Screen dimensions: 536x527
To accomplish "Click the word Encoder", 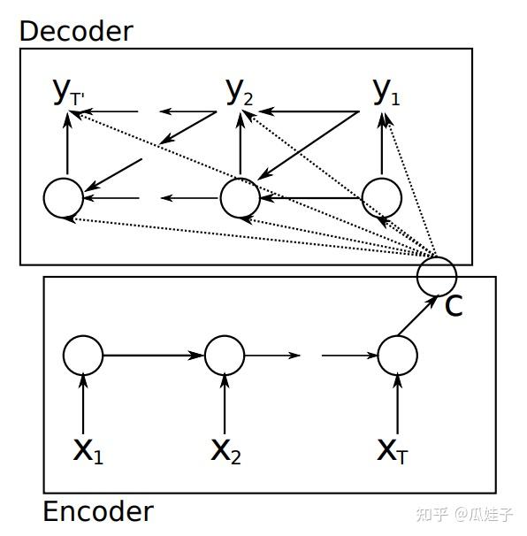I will tap(97, 512).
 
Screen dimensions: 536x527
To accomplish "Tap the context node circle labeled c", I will tap(437, 274).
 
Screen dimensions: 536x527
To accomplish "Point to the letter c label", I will tap(453, 306).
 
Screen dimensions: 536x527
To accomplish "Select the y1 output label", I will tap(386, 91).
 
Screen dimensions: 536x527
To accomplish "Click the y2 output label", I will tap(239, 91).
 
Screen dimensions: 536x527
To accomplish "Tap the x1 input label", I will tap(88, 451).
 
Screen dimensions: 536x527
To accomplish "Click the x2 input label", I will tap(226, 451).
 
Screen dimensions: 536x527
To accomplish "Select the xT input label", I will tap(393, 451).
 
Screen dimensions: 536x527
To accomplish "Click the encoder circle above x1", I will tap(83, 356).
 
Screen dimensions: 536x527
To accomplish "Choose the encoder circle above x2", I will tap(225, 356).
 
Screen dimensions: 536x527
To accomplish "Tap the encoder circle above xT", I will tap(397, 356).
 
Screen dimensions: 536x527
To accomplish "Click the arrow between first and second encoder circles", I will tap(153, 356).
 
